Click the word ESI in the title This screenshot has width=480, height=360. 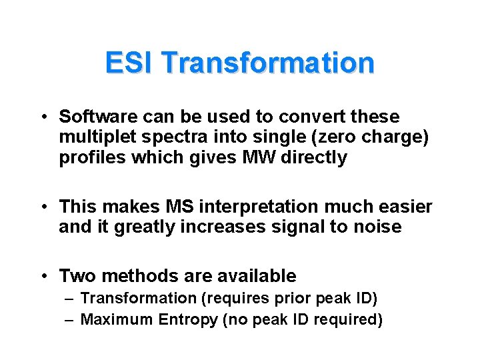[130, 63]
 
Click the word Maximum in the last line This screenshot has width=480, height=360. [117, 320]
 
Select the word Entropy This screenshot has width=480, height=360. [188, 320]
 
